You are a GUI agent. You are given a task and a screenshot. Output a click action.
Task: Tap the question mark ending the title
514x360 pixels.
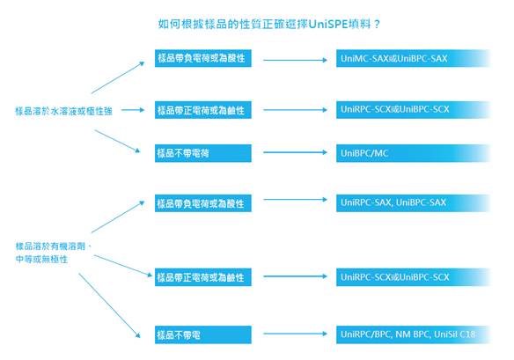377,25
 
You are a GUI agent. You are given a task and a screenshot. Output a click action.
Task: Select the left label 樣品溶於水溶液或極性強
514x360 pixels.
63,111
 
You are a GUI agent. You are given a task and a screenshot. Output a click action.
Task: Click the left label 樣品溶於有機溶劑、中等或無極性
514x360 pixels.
54,253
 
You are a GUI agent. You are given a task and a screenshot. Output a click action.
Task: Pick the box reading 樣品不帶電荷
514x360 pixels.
203,153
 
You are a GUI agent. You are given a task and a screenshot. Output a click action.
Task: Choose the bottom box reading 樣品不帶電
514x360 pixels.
203,334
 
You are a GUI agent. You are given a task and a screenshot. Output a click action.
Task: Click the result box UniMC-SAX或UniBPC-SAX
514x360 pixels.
414,58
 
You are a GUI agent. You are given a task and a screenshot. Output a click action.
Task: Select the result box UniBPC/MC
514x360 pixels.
414,153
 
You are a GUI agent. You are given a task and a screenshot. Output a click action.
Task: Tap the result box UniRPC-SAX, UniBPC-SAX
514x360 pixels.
414,203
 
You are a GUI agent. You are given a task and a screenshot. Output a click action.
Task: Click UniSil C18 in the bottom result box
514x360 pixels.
455,334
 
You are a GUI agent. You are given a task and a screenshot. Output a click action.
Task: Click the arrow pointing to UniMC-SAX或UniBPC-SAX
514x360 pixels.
296,60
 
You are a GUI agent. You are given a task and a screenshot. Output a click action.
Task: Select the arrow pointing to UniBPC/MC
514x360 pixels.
296,152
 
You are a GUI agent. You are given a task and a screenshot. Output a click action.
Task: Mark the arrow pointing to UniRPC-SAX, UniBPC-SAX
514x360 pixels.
296,199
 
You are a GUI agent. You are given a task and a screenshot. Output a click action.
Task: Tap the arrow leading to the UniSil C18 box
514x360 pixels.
296,334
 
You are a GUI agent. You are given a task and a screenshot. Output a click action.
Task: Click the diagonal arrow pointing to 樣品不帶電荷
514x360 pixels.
117,141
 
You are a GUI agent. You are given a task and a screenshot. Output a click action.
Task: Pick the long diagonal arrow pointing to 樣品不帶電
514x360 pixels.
109,305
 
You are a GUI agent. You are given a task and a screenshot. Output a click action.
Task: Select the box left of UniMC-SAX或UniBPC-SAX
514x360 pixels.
203,58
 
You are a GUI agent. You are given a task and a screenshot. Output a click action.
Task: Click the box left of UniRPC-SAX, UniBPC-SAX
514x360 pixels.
203,203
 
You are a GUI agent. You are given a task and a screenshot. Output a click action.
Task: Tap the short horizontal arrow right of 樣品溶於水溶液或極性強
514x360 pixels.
133,110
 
